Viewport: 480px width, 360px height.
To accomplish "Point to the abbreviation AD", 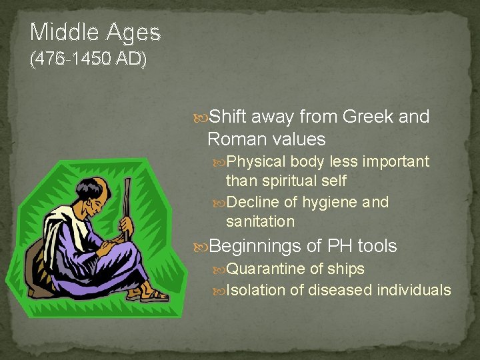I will tap(131, 59).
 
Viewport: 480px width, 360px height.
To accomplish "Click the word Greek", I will tap(367, 117).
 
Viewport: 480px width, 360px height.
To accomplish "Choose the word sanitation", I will tap(260, 221).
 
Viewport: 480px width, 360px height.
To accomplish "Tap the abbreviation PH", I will tap(339, 247).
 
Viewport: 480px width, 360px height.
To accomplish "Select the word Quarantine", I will tap(267, 269).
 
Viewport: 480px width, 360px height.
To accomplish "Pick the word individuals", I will tap(413, 290).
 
